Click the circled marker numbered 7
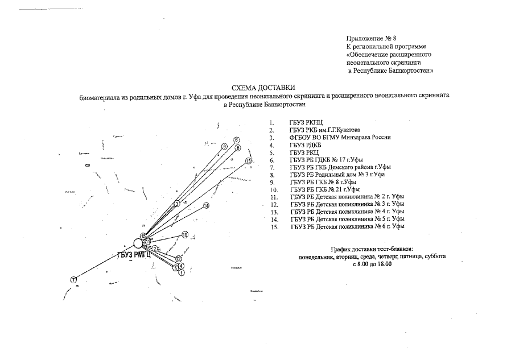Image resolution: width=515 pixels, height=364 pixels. [73, 279]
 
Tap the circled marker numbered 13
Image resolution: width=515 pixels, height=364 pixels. [249, 161]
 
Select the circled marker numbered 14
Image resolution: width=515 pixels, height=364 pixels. [206, 205]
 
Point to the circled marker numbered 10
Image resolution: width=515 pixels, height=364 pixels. [184, 234]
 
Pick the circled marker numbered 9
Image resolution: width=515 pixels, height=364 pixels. [225, 147]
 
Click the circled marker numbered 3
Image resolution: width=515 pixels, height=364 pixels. [177, 203]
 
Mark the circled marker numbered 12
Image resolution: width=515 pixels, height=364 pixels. [178, 259]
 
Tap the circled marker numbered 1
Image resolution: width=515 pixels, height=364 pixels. [182, 273]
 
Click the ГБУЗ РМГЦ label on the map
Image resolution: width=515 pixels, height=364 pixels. [134, 255]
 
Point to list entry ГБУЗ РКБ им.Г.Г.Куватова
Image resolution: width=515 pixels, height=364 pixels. [324, 130]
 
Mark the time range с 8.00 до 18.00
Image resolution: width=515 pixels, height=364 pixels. [372, 264]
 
